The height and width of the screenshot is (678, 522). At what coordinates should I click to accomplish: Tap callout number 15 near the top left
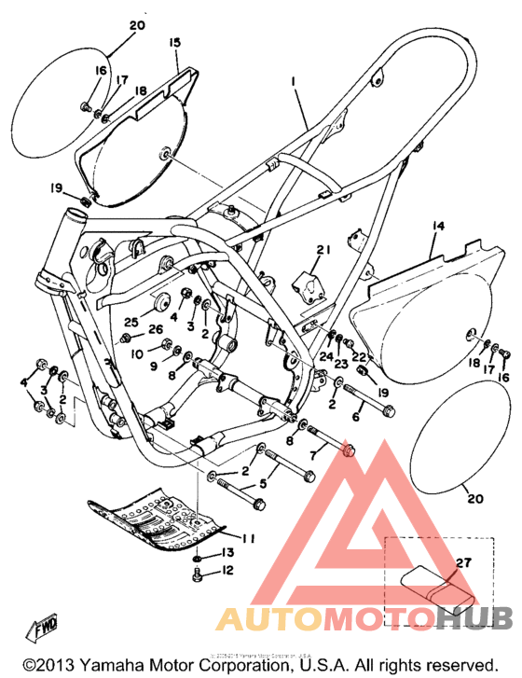pyautogui.click(x=174, y=43)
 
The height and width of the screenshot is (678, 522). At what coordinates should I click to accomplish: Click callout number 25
pyautogui.click(x=131, y=322)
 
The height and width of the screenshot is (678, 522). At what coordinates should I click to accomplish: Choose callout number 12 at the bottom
pyautogui.click(x=227, y=570)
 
